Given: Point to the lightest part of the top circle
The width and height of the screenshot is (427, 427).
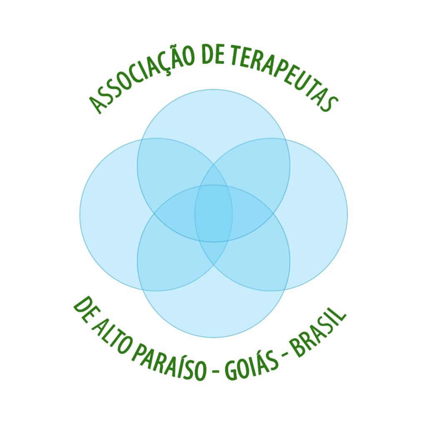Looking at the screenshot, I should point(213,113).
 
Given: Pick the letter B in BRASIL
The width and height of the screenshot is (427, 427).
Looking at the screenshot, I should point(296,351).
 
